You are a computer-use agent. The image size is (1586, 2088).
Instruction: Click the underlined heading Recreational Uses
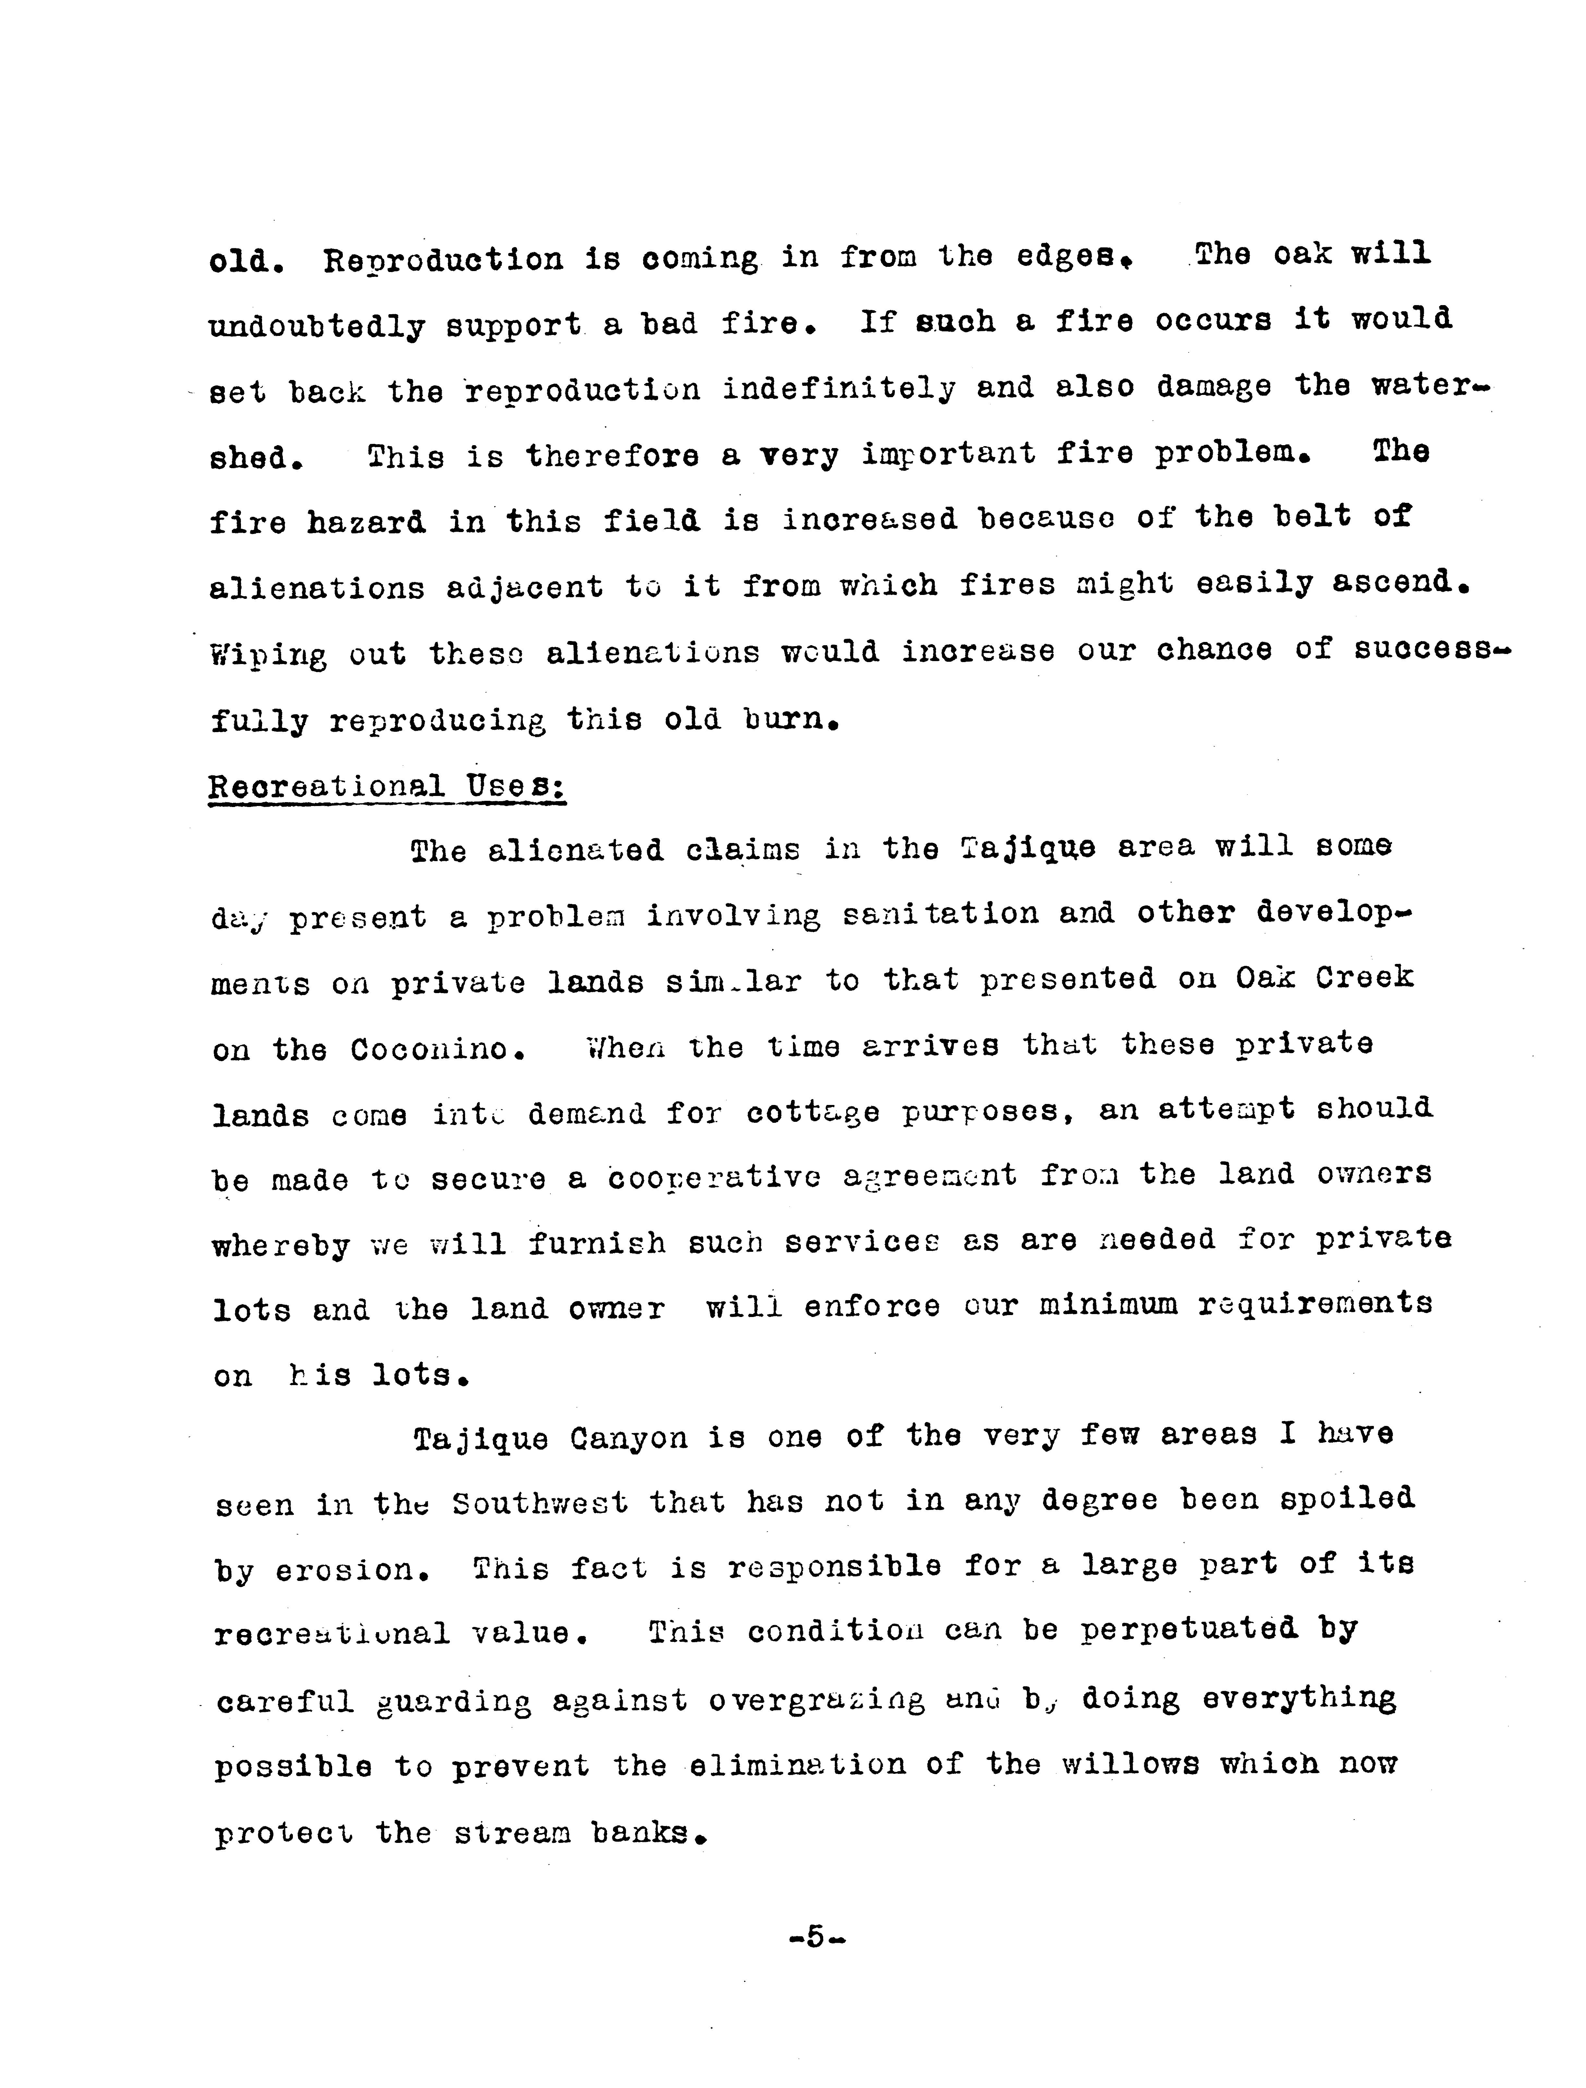[387, 786]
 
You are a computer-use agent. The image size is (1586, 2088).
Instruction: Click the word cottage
[812, 1112]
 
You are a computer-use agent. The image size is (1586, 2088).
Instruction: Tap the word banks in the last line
[647, 1832]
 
